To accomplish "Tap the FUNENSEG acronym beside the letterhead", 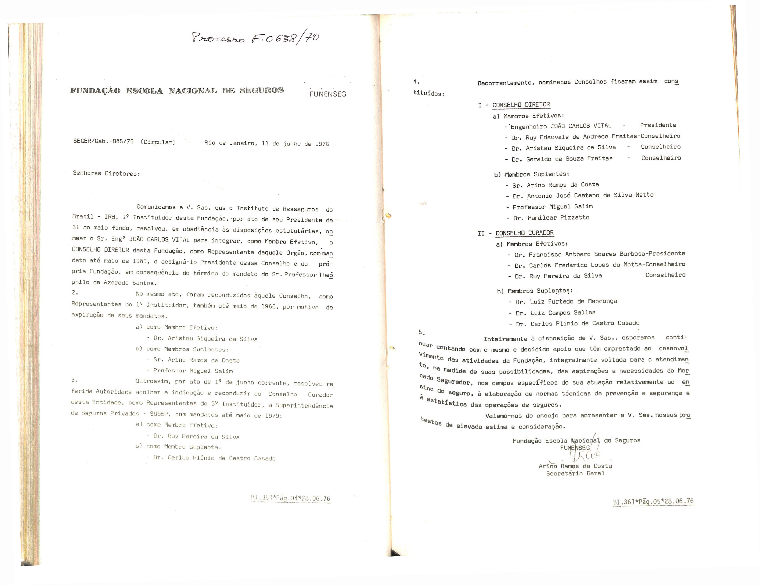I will tap(328, 94).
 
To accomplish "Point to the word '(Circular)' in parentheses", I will tap(158, 142).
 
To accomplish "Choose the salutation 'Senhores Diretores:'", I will tap(106, 173).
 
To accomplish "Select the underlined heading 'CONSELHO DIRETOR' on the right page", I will tap(521, 105).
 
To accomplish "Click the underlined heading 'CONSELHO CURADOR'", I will tap(524, 233).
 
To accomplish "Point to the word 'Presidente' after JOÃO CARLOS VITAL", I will tap(658, 125).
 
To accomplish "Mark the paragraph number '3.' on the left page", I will tap(74, 380).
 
